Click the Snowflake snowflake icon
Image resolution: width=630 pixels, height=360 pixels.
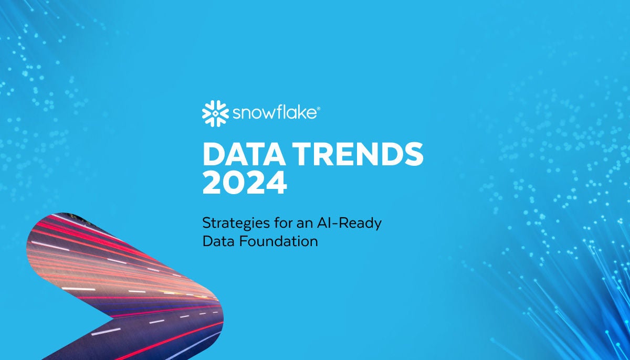(x=215, y=112)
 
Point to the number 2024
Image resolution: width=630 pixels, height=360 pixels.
(x=245, y=183)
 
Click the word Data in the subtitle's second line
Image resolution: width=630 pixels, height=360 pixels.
(x=216, y=241)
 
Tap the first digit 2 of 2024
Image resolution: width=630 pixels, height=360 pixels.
(x=213, y=183)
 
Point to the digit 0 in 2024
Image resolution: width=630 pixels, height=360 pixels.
(x=234, y=183)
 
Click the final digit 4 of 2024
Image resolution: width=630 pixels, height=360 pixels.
(x=277, y=183)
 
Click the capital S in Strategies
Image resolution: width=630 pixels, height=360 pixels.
(x=206, y=223)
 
